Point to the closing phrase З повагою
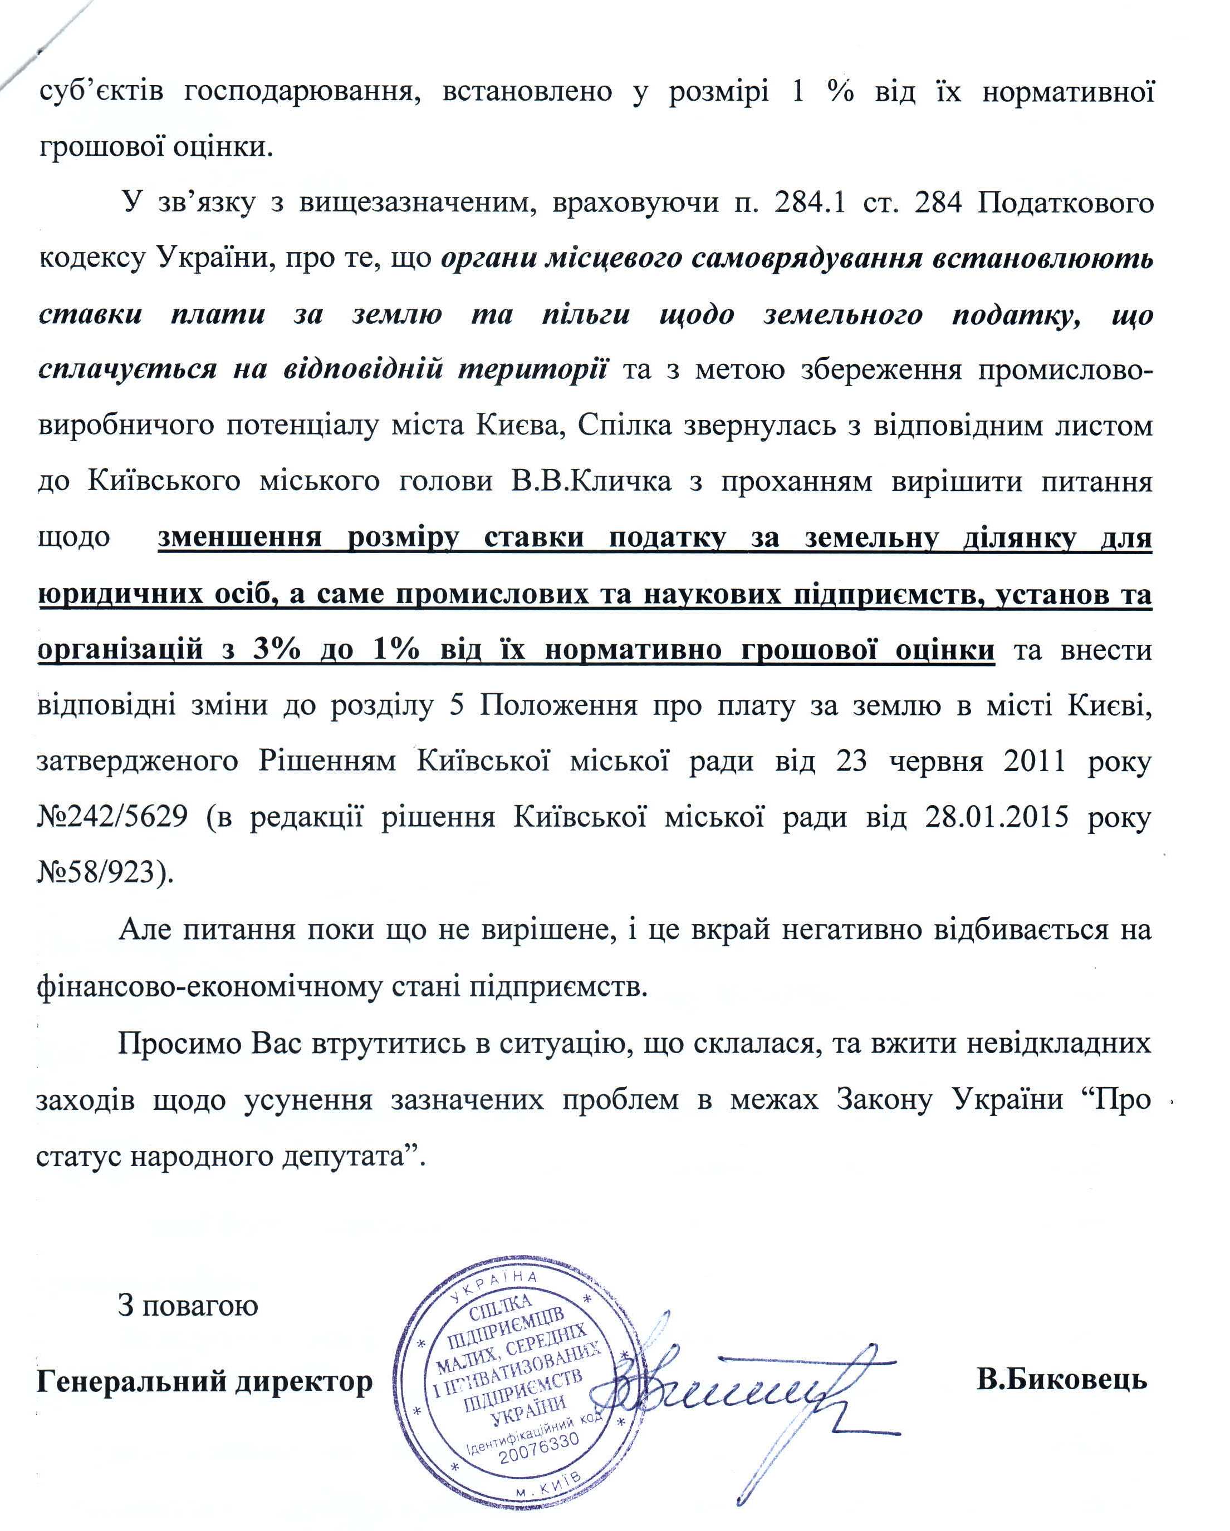tap(188, 1306)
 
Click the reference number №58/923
tap(104, 871)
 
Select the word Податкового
tap(1065, 203)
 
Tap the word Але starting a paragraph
tap(146, 929)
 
